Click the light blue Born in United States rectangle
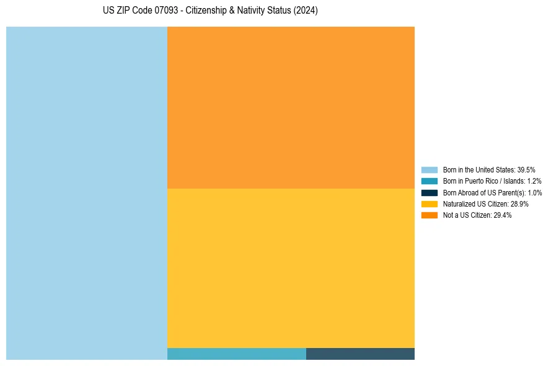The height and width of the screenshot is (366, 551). point(87,193)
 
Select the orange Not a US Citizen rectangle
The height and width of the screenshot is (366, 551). point(291,107)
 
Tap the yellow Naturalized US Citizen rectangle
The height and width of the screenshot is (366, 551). point(291,268)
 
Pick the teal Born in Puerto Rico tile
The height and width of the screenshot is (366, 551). point(237,354)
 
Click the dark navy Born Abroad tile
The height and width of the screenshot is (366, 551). point(360,354)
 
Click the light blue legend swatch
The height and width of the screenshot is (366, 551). point(430,169)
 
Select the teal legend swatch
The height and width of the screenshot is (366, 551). point(430,181)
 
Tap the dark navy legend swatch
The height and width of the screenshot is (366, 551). point(430,192)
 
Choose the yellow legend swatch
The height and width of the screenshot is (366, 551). point(430,203)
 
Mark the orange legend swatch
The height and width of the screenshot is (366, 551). point(430,215)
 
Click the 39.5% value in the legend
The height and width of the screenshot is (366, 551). point(526,169)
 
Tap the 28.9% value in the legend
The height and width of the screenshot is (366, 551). point(519,203)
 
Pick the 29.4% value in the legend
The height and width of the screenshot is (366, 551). point(503,215)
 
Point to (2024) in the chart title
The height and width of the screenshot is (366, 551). point(306,11)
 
